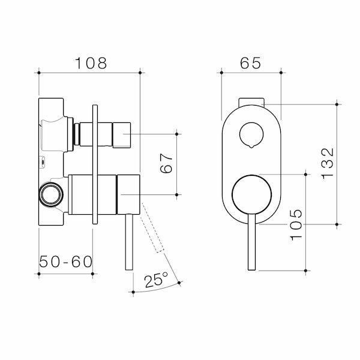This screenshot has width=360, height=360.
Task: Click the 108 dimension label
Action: coord(90,62)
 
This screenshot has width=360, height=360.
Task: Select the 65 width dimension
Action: coord(252,62)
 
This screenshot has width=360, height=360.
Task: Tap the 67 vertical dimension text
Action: coord(167,162)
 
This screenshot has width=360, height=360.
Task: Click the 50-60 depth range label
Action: coord(66,262)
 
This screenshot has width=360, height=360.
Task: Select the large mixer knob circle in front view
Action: coord(251,195)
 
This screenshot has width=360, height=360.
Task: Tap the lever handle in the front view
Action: coord(251,246)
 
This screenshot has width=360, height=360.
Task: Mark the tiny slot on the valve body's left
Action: coord(43,160)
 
